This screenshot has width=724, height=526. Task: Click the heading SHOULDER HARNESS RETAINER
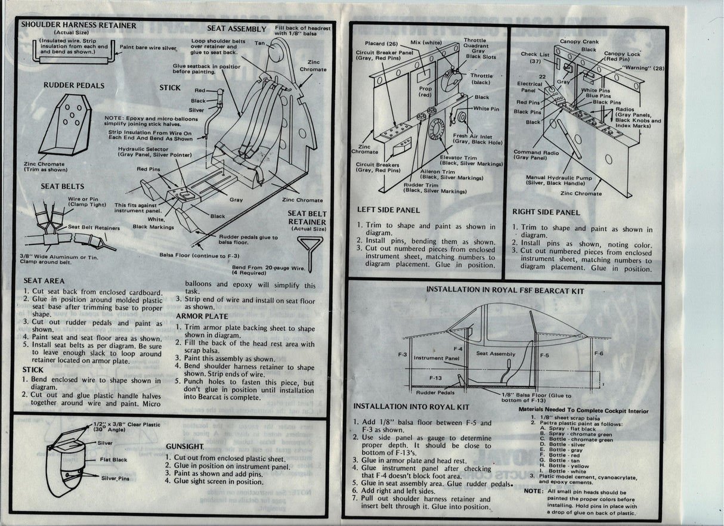tap(79, 26)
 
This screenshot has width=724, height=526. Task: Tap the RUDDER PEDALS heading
tap(74, 85)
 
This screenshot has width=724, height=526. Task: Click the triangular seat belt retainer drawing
tap(311, 247)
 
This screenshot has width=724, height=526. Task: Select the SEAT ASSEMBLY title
tap(237, 29)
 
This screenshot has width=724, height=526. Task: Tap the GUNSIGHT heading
tap(185, 446)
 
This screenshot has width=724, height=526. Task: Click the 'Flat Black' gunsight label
tap(113, 460)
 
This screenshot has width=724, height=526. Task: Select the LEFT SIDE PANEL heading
tap(388, 210)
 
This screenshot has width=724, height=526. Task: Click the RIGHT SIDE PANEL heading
tap(546, 212)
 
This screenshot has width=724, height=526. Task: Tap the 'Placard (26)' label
tap(381, 44)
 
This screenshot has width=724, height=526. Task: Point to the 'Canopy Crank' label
tap(578, 42)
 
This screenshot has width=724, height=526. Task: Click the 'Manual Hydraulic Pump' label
tap(559, 177)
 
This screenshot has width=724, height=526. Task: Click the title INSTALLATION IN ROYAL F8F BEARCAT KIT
tap(505, 290)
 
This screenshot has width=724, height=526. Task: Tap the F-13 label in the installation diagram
tap(436, 378)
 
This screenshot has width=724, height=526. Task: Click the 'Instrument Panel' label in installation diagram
tap(437, 358)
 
